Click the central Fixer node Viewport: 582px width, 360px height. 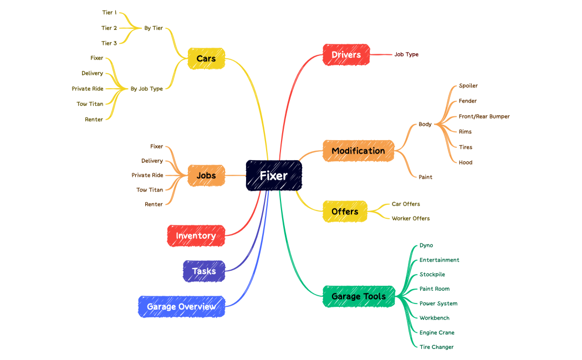click(274, 176)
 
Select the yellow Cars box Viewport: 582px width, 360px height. click(206, 58)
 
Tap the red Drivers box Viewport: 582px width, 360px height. click(346, 54)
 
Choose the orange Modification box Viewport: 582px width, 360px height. click(358, 151)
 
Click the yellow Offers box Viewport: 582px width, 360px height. click(345, 212)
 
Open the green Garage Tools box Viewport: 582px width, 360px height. click(358, 296)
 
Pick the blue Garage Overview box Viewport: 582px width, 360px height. click(181, 306)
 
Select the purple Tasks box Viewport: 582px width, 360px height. click(204, 271)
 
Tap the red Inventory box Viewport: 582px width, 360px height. click(196, 235)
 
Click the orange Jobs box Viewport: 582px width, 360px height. click(206, 176)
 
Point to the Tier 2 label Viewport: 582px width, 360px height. click(109, 28)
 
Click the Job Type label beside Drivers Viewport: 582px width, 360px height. click(406, 54)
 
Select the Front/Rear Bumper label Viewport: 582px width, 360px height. click(484, 116)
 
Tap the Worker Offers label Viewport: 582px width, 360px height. click(411, 218)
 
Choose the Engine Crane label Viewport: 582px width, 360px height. click(437, 332)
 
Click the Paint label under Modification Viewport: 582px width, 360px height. click(425, 177)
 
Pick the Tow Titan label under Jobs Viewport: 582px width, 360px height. click(150, 189)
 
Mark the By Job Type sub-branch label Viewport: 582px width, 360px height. click(147, 89)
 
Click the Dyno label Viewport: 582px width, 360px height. click(426, 245)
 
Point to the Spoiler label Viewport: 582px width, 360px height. click(468, 86)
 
